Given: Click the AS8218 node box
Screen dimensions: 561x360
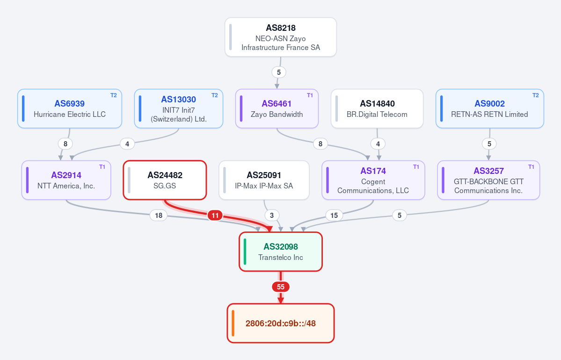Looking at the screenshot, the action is [281, 37].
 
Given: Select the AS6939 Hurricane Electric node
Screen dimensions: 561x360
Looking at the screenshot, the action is [70, 108].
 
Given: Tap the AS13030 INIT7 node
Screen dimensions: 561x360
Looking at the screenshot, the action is [179, 108].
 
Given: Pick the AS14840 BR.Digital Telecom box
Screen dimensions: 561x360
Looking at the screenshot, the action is [377, 108].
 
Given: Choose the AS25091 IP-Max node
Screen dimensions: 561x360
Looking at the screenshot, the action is [264, 180].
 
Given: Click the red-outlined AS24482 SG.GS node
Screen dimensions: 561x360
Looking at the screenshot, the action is [165, 180].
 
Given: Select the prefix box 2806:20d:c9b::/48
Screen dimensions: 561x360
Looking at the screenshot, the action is [281, 323].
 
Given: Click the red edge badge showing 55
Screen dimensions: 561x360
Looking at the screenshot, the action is [281, 287].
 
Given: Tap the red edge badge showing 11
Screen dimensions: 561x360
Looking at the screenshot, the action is [215, 215].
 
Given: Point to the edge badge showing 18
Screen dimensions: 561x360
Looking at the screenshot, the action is [159, 215].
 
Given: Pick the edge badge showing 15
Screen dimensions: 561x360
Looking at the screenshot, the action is [334, 215].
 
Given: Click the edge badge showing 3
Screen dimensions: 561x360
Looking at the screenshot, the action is [272, 215].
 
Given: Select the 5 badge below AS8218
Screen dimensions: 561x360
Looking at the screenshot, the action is [279, 72].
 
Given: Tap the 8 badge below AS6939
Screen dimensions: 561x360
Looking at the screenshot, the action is [65, 144].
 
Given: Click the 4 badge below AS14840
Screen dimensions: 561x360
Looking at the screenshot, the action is [378, 144].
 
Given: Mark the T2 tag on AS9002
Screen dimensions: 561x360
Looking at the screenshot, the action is [535, 95].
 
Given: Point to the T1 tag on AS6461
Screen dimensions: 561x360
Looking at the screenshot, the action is [310, 95].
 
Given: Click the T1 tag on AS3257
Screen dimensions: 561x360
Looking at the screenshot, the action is [531, 167].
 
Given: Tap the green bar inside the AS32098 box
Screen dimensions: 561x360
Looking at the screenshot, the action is [245, 252].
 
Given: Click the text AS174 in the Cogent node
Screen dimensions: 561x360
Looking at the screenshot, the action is [373, 171].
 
